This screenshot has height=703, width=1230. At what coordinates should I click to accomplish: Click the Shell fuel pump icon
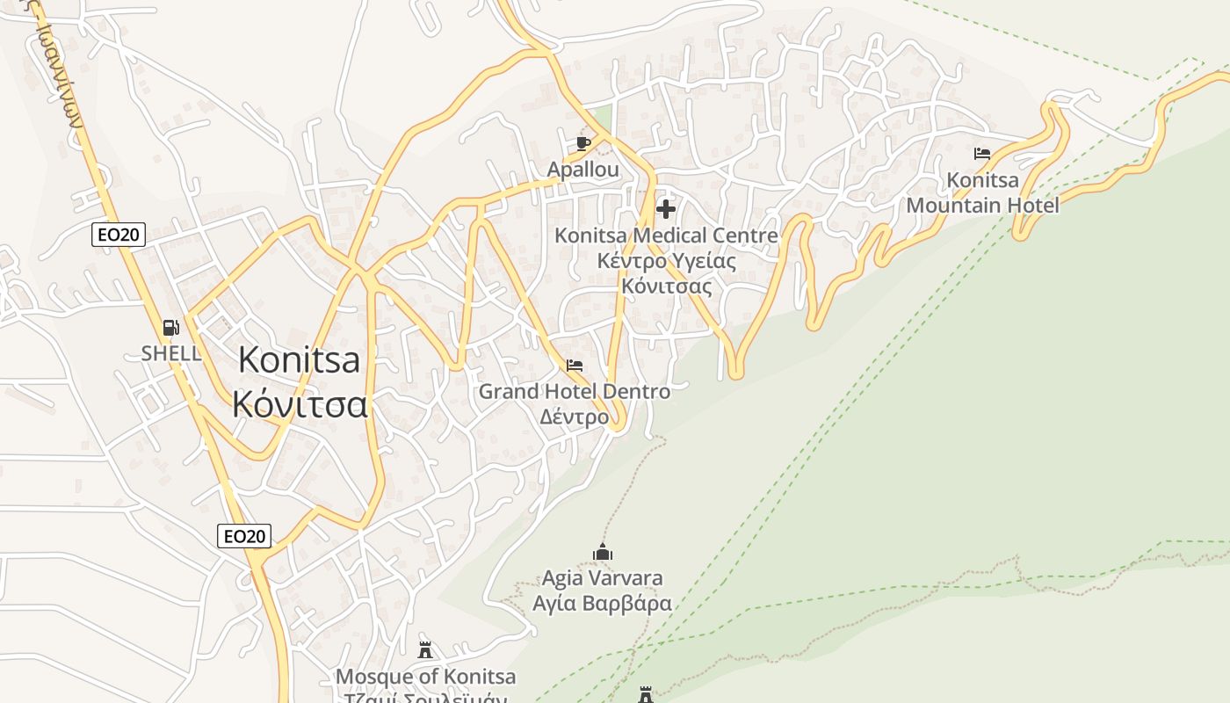click(171, 328)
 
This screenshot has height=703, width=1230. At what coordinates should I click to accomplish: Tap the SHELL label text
click(171, 353)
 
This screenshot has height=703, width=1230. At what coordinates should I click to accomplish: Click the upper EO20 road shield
click(119, 235)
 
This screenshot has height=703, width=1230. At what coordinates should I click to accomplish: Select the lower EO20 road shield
click(244, 536)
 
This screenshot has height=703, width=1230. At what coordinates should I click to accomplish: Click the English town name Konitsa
click(299, 360)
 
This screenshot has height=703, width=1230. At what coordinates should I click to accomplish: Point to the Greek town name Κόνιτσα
click(299, 404)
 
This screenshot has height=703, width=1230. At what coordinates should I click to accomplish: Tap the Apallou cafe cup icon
click(582, 143)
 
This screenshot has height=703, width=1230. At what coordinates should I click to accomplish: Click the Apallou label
click(582, 169)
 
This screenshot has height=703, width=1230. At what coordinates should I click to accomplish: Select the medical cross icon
click(666, 209)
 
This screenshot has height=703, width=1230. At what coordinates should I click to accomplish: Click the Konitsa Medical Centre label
click(666, 236)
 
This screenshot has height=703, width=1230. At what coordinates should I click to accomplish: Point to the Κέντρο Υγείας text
click(666, 261)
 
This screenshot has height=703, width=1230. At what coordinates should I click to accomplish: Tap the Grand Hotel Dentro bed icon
click(575, 366)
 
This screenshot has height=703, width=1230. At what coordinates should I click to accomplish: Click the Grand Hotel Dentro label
click(574, 391)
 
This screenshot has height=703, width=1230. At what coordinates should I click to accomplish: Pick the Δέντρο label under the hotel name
click(574, 417)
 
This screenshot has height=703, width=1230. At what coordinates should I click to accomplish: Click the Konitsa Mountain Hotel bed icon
click(982, 154)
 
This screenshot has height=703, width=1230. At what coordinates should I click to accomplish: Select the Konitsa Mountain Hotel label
click(982, 193)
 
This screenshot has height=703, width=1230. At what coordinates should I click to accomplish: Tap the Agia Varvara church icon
click(603, 552)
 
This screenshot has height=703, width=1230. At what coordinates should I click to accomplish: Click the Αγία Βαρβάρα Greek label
click(603, 604)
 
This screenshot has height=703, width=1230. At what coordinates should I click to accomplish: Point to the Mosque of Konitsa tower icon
click(426, 650)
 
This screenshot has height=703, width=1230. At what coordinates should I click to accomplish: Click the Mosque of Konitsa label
click(426, 677)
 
